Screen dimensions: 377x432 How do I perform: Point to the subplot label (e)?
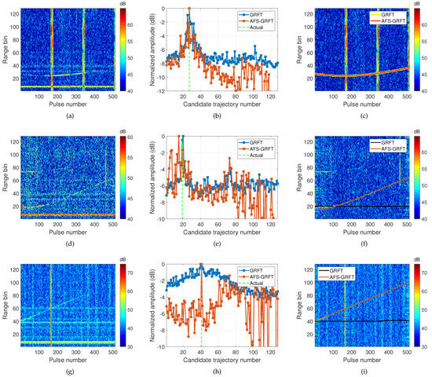click(x=216, y=243)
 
